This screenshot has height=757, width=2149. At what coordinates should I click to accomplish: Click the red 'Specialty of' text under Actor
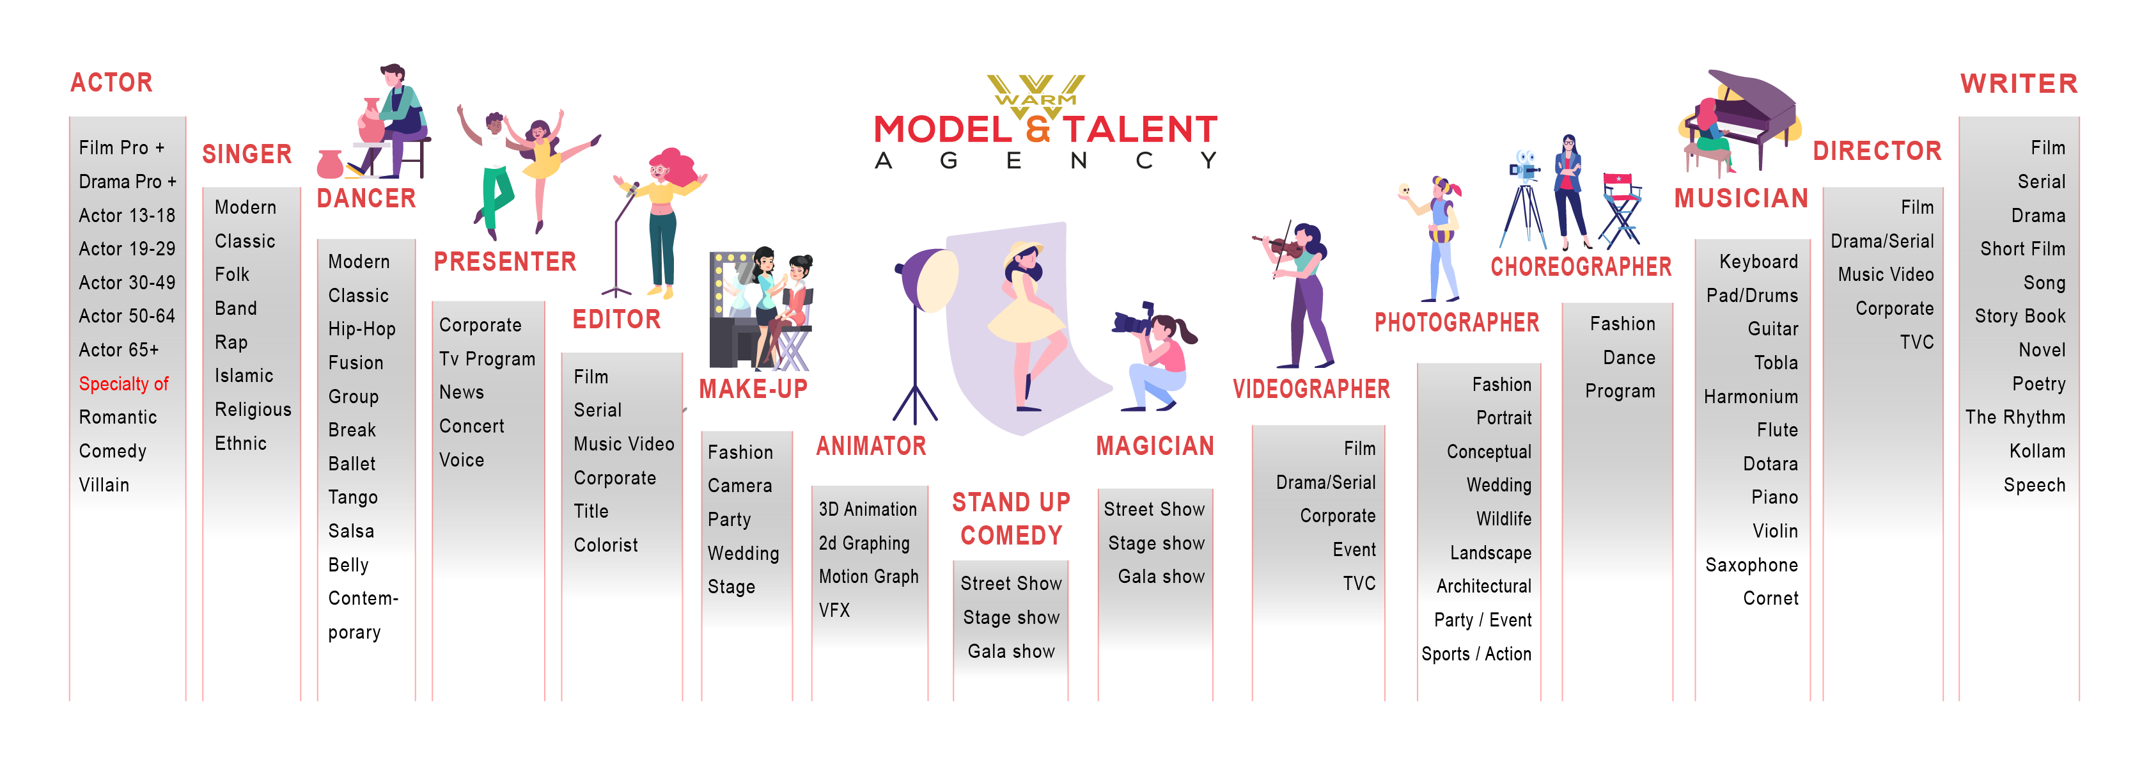123,384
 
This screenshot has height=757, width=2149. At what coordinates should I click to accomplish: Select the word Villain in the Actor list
104,485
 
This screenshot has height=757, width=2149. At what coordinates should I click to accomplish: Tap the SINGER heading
247,154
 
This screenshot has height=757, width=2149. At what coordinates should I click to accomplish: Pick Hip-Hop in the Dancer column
361,330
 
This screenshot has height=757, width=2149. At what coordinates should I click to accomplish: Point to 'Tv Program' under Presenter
487,359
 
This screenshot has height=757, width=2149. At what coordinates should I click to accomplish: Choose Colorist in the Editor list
606,545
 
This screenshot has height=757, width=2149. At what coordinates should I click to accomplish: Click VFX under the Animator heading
834,610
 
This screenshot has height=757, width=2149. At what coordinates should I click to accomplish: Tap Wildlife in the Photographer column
1503,519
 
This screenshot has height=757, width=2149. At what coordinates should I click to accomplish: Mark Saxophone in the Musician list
1751,565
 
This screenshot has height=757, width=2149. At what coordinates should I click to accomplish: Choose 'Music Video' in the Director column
1886,275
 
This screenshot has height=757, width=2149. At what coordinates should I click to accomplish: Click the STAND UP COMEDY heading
1011,518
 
